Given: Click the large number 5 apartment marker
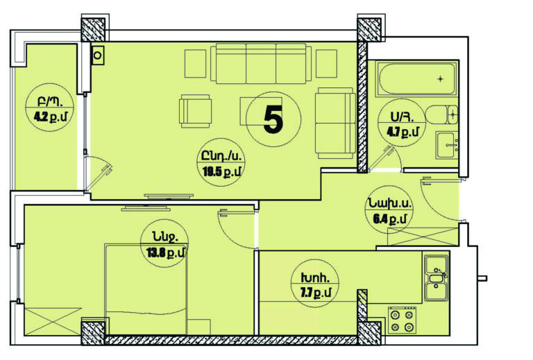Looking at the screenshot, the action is [273, 119].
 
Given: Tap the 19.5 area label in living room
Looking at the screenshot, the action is [221, 172].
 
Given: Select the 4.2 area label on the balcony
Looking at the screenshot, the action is [51, 117].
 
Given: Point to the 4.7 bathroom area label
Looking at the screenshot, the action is [403, 132].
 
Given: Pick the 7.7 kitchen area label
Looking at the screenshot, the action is [316, 292].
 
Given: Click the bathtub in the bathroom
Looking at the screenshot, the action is [416, 79].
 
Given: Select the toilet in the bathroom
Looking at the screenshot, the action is [441, 114].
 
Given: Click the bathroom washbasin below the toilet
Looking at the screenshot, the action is [447, 145].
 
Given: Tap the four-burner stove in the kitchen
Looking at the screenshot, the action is [403, 320].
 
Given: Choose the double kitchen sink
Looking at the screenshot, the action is [436, 278].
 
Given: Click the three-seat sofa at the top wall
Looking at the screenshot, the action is [261, 63].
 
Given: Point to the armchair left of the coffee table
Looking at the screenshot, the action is [196, 111].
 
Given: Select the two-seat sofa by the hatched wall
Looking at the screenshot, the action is [335, 123].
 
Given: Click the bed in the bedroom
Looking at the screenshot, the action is [146, 289].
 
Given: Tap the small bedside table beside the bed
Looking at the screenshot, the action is [198, 327].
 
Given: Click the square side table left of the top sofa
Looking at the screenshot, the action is [196, 64].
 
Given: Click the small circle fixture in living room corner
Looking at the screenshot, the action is [98, 55].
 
